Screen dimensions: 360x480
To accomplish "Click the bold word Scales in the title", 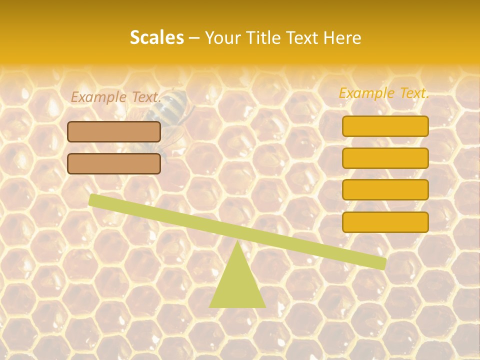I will pyautogui.click(x=156, y=37).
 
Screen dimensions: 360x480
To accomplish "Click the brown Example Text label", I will pyautogui.click(x=116, y=97).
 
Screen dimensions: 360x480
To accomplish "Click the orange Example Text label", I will pyautogui.click(x=384, y=93).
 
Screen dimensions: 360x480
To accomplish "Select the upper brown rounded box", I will pyautogui.click(x=114, y=131).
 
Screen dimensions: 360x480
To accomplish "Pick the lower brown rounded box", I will pyautogui.click(x=114, y=163).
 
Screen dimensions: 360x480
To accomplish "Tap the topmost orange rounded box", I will pyautogui.click(x=385, y=126).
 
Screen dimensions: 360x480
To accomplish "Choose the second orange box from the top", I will pyautogui.click(x=385, y=158).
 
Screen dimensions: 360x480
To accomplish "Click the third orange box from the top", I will pyautogui.click(x=385, y=189).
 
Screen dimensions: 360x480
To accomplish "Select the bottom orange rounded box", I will pyautogui.click(x=385, y=222).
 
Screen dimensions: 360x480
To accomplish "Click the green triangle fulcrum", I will pyautogui.click(x=237, y=285).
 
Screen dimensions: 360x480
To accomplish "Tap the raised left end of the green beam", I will pyautogui.click(x=95, y=200).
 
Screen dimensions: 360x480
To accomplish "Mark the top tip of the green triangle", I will pyautogui.click(x=237, y=242).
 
